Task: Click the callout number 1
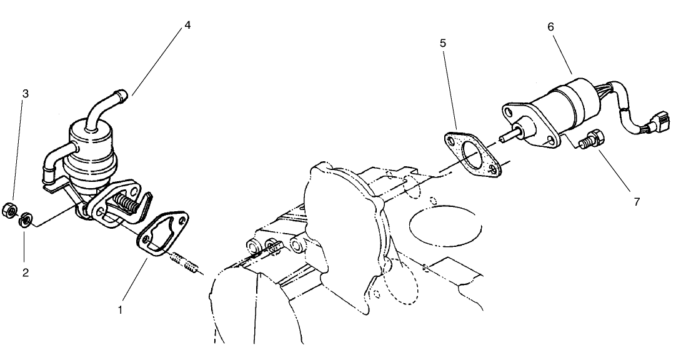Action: tap(121, 308)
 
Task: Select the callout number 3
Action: tap(26, 94)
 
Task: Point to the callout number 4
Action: tap(187, 26)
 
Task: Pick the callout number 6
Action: tap(550, 27)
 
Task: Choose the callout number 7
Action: tap(636, 202)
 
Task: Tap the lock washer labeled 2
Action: tap(26, 219)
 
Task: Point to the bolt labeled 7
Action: tap(594, 137)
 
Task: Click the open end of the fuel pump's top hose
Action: tap(122, 94)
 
